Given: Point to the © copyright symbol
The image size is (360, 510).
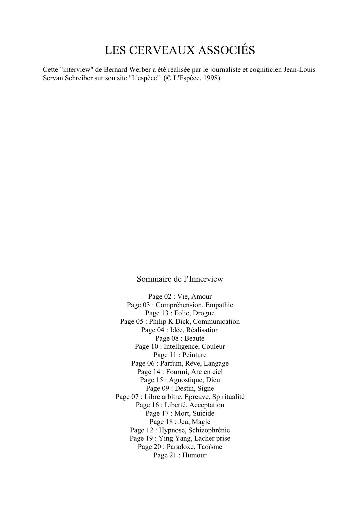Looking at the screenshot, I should coord(168,78).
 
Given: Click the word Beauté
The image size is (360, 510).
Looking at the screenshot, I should coord(194,338).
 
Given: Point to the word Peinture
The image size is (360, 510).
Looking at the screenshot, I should coord(194,355).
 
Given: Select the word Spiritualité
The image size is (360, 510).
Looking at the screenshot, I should coord(228,397).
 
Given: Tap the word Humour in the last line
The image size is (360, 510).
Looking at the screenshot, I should coord(194,455).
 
